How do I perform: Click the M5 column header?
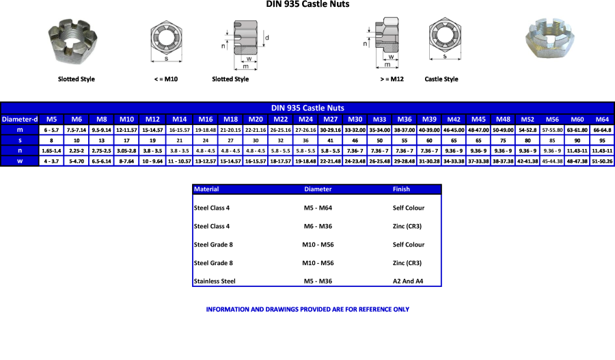pyautogui.click(x=51, y=119)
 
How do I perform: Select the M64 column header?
pyautogui.click(x=602, y=119)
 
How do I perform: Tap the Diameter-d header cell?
pyautogui.click(x=20, y=119)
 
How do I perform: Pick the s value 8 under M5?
pyautogui.click(x=51, y=140)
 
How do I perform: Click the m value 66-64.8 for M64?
pyautogui.click(x=602, y=130)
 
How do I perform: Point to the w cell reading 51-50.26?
pyautogui.click(x=602, y=161)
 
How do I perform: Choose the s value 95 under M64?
pyautogui.click(x=602, y=140)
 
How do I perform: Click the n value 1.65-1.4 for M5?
pyautogui.click(x=51, y=150)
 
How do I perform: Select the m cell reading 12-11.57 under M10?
pyautogui.click(x=126, y=130)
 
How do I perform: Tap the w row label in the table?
pyautogui.click(x=20, y=161)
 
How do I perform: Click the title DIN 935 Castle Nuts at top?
pyautogui.click(x=307, y=5)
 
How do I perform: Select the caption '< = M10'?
pyautogui.click(x=166, y=79)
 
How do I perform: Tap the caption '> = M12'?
pyautogui.click(x=392, y=79)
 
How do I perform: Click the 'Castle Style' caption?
pyautogui.click(x=441, y=79)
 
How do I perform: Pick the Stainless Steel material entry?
pyautogui.click(x=215, y=281)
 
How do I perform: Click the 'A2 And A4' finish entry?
pyautogui.click(x=408, y=281)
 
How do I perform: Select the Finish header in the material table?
pyautogui.click(x=401, y=189)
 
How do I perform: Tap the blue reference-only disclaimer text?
pyautogui.click(x=307, y=309)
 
